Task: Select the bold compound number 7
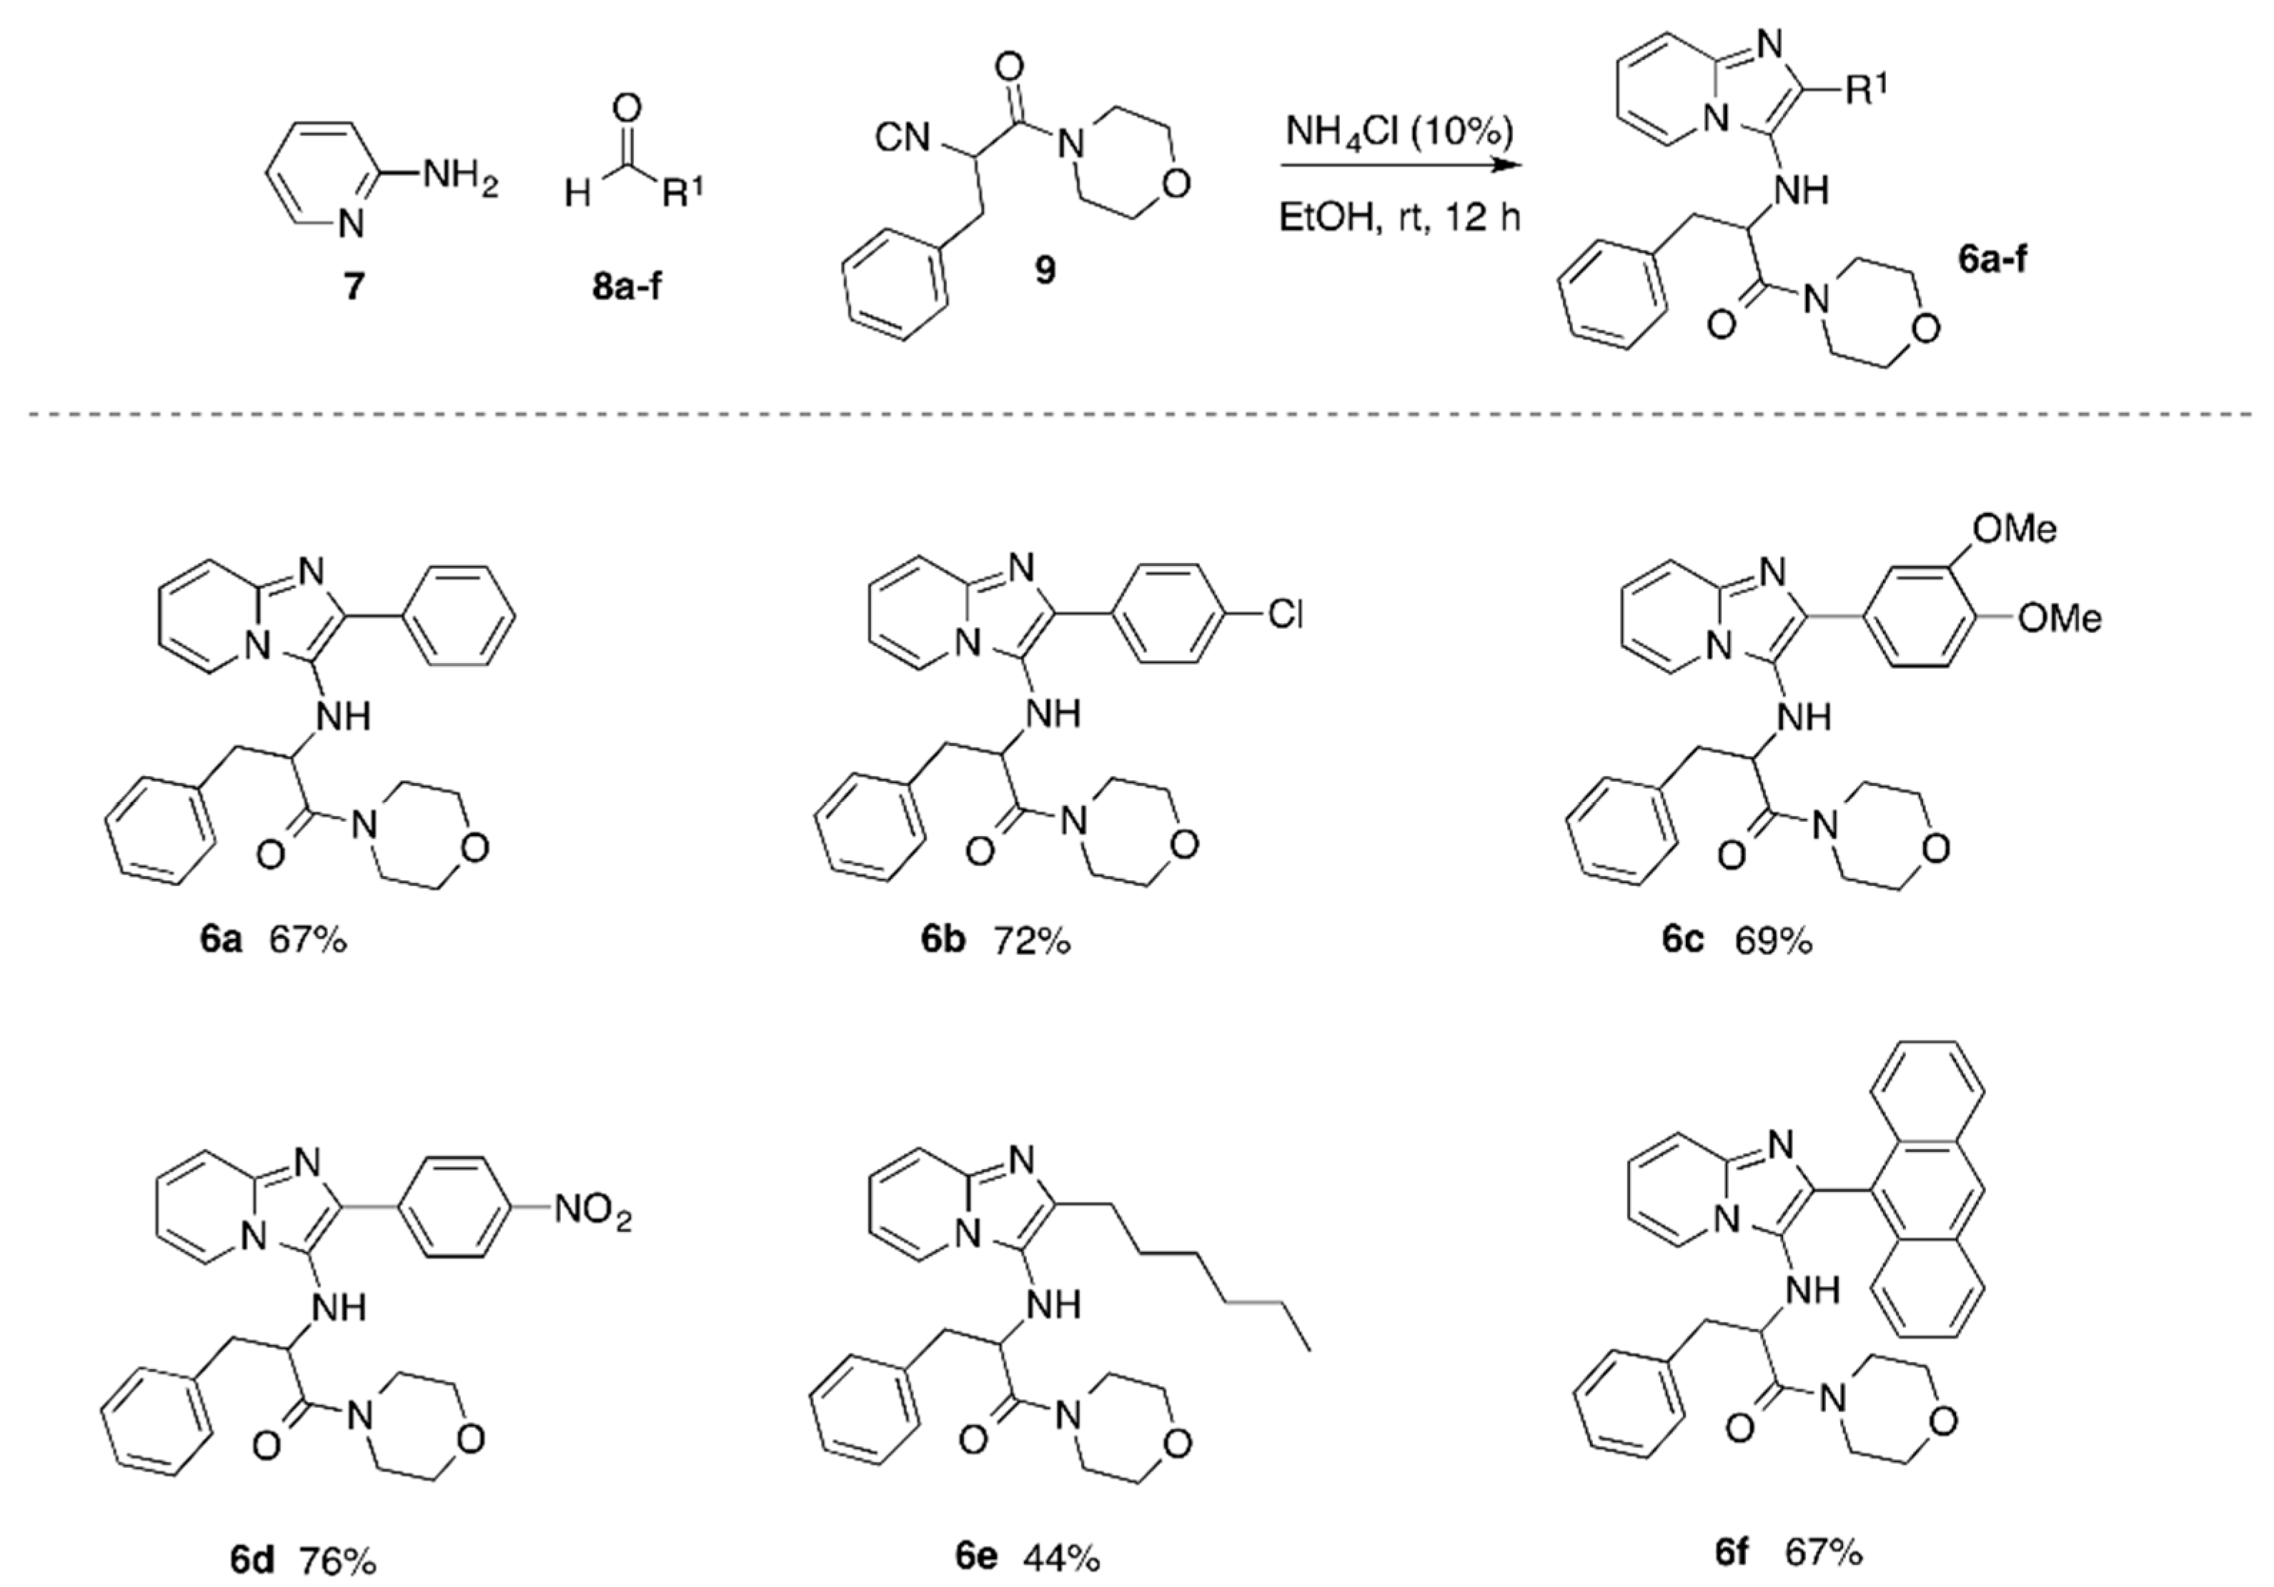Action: tap(354, 287)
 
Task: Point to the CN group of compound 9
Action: tap(903, 139)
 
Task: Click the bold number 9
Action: tap(1045, 269)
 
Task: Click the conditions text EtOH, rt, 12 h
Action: tap(1399, 217)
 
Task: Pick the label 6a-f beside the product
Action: tap(1991, 259)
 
